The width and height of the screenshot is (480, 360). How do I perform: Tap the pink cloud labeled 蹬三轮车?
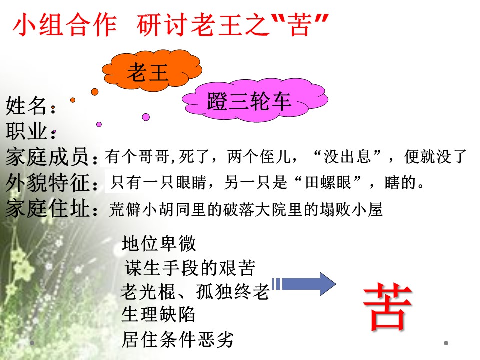(x=248, y=102)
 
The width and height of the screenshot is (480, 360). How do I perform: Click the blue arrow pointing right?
(x=305, y=284)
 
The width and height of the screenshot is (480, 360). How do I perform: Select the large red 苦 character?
(x=388, y=307)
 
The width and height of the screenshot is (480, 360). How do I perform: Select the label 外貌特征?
(x=50, y=183)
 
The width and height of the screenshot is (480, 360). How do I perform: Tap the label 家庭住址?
(x=50, y=209)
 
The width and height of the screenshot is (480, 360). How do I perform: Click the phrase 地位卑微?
(x=159, y=244)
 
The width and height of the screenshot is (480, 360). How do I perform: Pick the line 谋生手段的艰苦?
(x=190, y=268)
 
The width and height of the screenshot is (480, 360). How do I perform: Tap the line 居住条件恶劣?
(x=177, y=340)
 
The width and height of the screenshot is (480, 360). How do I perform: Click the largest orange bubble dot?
(x=95, y=92)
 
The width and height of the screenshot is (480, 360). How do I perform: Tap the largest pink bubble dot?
(x=146, y=117)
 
